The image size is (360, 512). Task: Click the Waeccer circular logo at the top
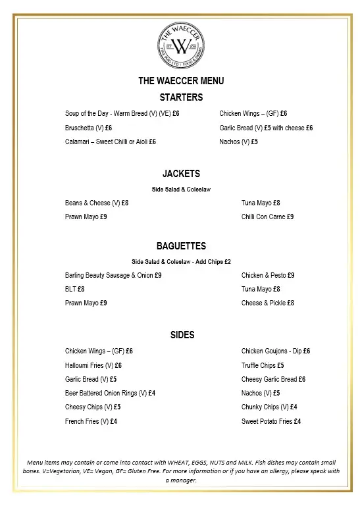point(180,43)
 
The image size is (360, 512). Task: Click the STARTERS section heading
point(181,97)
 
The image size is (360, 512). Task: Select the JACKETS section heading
point(181,174)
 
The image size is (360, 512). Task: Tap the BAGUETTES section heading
point(181,246)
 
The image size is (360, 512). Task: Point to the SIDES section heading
point(182,335)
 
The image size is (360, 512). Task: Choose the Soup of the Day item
point(122,114)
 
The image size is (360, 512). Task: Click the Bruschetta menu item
point(88,128)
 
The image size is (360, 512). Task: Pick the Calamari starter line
point(110,141)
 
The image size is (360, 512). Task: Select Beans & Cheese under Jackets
point(96,203)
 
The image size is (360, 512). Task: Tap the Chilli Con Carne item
point(267,217)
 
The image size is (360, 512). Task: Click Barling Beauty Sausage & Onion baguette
point(113,275)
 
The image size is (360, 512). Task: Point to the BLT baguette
point(74,289)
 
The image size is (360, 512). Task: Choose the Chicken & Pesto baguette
point(268,275)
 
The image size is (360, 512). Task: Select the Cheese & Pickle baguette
point(267,303)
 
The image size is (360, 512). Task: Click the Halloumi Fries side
point(93,365)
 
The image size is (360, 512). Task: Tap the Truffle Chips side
point(263,365)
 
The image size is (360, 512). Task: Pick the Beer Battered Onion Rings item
point(110,393)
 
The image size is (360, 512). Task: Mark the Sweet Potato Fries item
point(270,421)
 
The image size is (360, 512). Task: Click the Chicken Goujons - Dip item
point(275,351)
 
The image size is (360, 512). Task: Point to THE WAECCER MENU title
point(181,81)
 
